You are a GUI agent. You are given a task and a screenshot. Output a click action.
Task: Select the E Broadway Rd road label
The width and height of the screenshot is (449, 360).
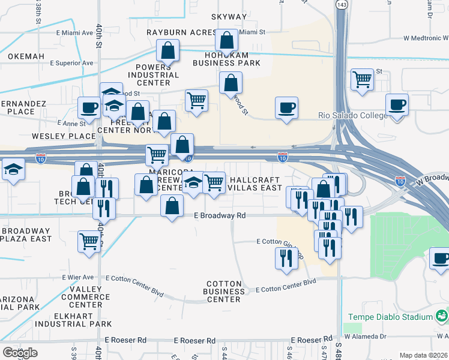coord(220,215)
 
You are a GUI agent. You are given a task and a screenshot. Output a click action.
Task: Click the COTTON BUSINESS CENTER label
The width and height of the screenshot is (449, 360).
coord(223,291)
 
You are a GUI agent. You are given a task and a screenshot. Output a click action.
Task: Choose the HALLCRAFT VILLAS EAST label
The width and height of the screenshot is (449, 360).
coord(256,184)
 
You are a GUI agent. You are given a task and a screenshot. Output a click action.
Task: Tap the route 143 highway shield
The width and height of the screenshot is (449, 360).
coord(342,4)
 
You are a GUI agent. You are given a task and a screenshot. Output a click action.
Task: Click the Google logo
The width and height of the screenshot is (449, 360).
coord(20,352)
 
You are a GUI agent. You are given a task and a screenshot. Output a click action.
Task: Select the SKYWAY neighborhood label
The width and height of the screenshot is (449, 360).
coord(229,17)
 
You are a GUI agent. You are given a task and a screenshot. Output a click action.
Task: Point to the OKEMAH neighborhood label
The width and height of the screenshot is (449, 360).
coord(26,56)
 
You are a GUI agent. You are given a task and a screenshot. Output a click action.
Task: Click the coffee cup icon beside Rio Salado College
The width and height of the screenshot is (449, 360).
coord(397,106)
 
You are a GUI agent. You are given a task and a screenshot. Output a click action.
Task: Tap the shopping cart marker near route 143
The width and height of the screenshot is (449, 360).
coord(362,79)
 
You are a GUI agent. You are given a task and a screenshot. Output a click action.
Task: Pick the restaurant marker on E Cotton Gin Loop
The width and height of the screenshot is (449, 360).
coord(286,257)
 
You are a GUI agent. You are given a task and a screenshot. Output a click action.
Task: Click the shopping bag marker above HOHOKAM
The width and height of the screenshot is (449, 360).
coord(227,41)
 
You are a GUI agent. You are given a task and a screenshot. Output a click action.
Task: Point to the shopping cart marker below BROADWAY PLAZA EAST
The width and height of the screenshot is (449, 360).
coord(89,241)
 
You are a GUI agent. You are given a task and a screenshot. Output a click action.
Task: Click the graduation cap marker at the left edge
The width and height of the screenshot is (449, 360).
coord(12,170)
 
